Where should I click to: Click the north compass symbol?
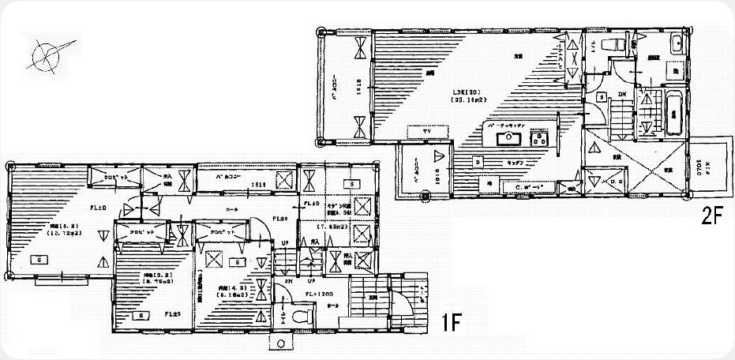point(48,55)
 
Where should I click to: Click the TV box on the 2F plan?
point(426,129)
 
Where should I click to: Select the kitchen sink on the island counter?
point(505,141)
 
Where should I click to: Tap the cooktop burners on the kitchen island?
point(541,141)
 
